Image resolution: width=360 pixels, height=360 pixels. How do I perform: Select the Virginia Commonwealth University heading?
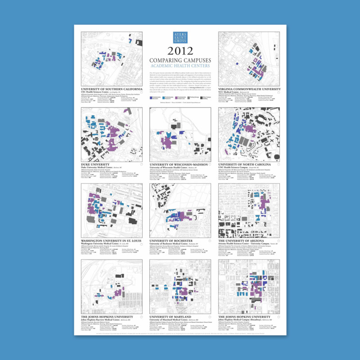(248, 89)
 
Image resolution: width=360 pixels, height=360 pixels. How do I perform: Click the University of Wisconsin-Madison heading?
(178, 164)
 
